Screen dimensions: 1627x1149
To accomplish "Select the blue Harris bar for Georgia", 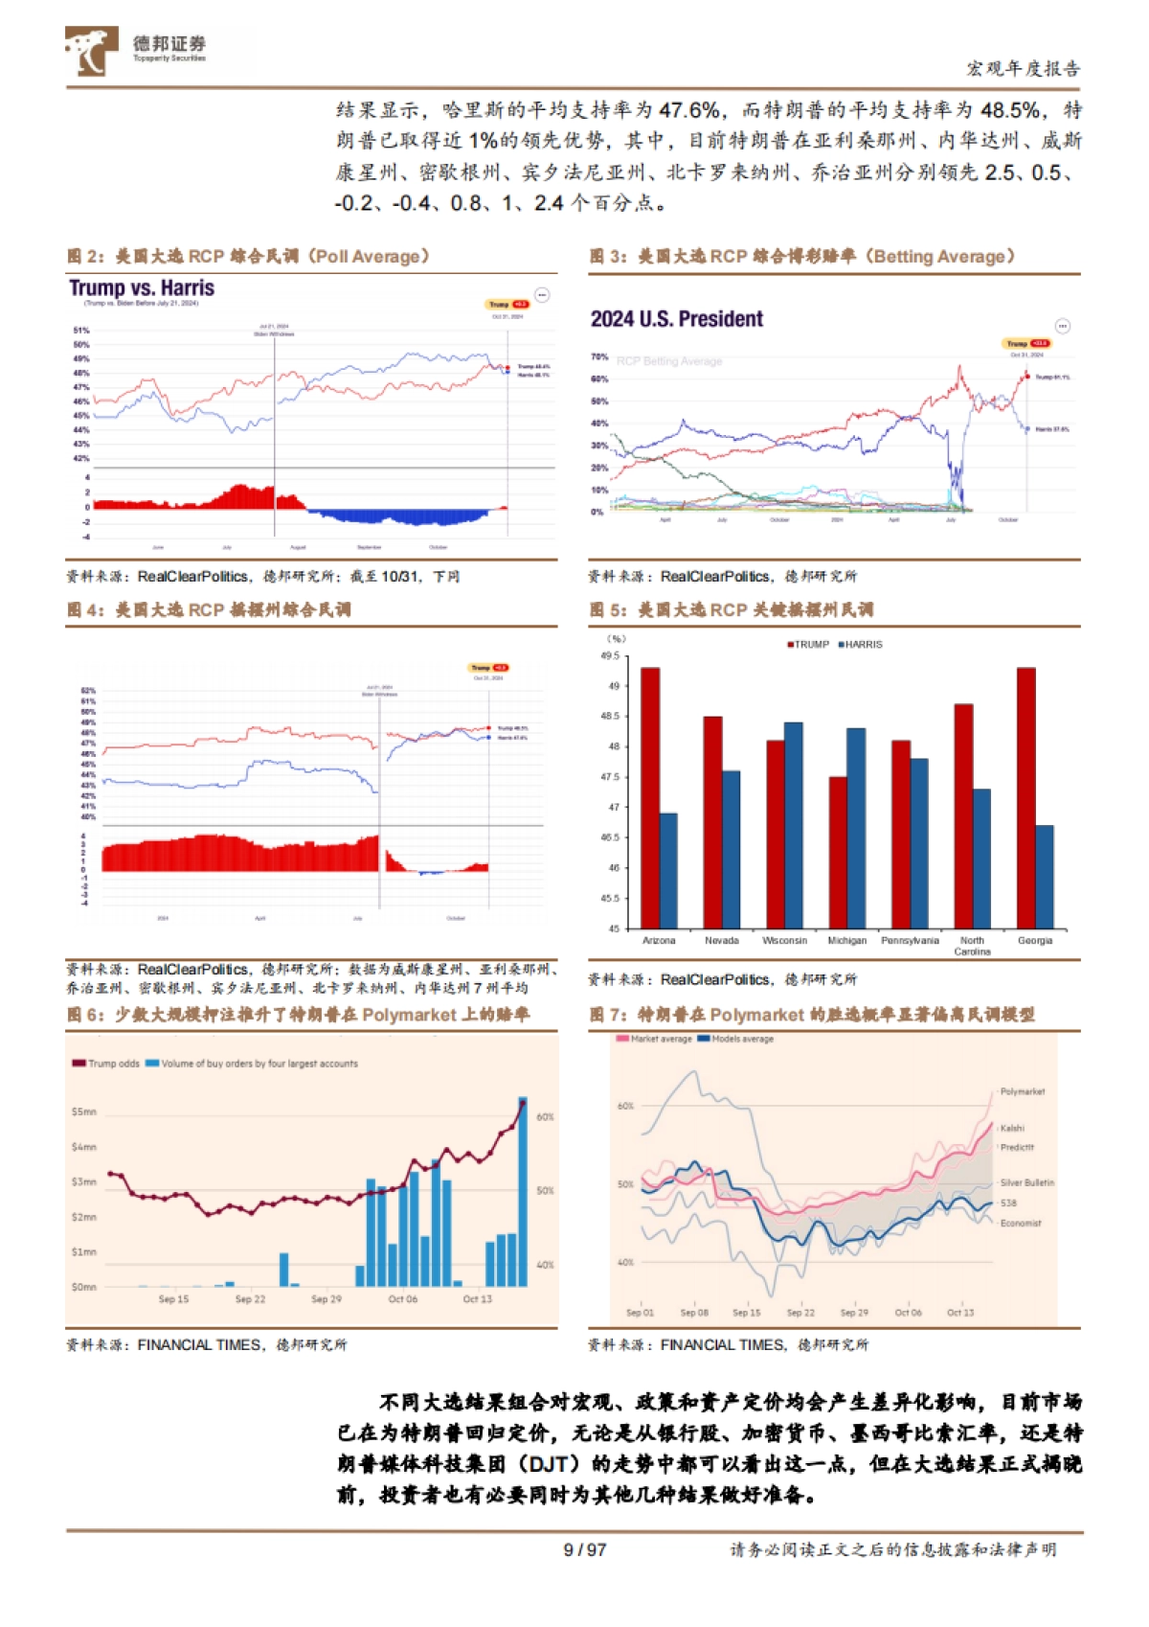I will click(x=1045, y=876).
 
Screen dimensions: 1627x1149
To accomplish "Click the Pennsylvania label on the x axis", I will click(x=910, y=941).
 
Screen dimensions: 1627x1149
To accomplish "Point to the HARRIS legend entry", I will click(x=861, y=645).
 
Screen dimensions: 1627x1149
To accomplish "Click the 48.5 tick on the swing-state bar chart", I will click(x=609, y=717).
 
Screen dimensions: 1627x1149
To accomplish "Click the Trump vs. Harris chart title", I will click(x=142, y=287).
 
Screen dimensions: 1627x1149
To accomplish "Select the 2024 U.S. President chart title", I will click(x=676, y=319).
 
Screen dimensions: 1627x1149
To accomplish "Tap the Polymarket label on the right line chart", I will click(x=1023, y=1092).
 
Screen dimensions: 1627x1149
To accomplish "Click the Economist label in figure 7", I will click(x=1021, y=1224).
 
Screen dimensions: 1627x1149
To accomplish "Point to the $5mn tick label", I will click(x=83, y=1112).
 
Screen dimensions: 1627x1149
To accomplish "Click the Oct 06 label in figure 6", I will click(x=402, y=1299).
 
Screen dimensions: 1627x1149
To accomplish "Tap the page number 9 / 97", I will click(x=584, y=1550).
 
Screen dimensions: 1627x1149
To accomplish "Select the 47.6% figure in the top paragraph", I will click(x=690, y=110).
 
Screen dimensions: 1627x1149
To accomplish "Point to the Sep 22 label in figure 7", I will click(x=800, y=1313).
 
